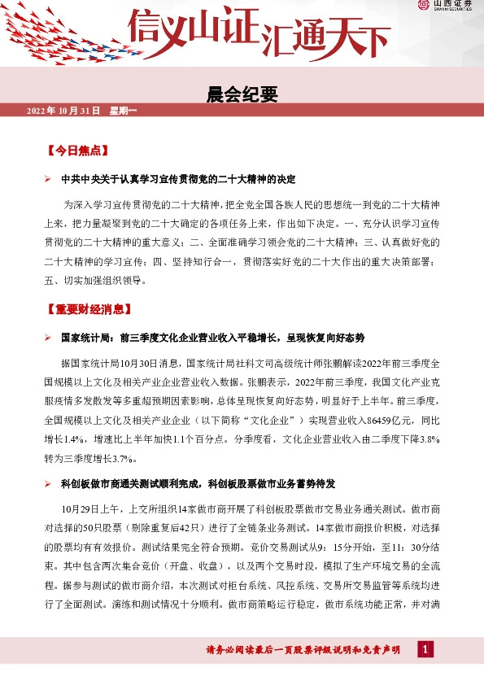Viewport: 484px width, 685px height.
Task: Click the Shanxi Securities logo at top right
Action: (449, 6)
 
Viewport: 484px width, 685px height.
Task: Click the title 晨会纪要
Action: (242, 95)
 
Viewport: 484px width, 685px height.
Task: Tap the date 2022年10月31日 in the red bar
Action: (63, 111)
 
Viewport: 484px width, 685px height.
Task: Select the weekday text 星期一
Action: (124, 111)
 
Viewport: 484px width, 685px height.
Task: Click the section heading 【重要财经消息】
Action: (89, 310)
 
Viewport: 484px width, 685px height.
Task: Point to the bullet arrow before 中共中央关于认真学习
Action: (49, 179)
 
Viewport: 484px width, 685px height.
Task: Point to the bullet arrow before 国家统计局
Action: (49, 338)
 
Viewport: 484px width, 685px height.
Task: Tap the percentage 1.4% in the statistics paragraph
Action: (72, 439)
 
